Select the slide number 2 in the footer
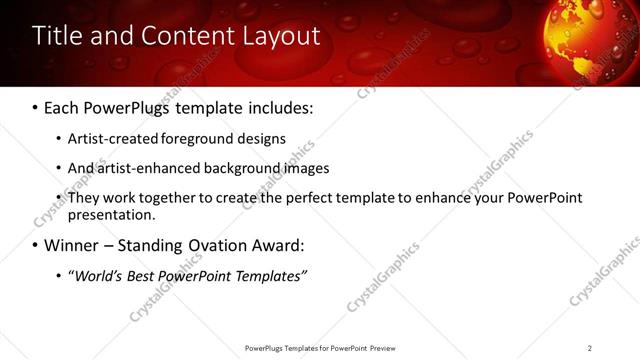click(x=590, y=347)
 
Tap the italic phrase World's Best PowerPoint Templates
click(x=187, y=275)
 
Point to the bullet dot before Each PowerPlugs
click(x=35, y=106)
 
